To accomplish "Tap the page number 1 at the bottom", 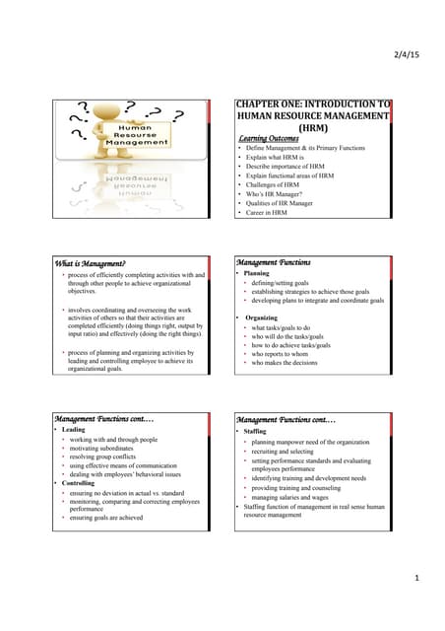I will tap(417, 578).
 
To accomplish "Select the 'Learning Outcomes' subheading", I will tap(271, 139).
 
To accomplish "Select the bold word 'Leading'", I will tap(73, 430).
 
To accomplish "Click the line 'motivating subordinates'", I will tap(107, 448).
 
